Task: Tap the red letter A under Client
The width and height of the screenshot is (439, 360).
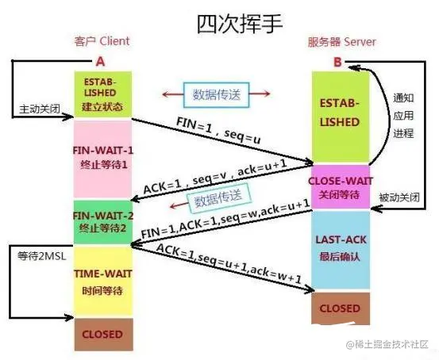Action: pos(100,60)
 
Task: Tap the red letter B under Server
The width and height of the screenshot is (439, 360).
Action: pos(339,59)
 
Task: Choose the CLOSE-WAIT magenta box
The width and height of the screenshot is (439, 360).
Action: pos(341,186)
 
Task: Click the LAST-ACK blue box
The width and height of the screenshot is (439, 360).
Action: pos(341,249)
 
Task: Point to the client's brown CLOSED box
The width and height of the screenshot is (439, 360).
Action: pos(101,334)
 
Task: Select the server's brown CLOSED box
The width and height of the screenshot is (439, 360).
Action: pos(341,308)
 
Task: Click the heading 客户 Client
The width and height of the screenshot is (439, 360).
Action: pos(101,40)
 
